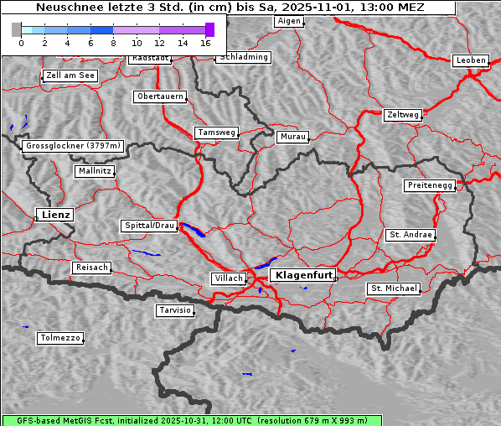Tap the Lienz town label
click(54, 215)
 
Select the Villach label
click(228, 278)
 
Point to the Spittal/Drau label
click(150, 226)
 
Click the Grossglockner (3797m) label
click(74, 146)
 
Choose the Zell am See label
click(70, 75)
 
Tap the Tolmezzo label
click(60, 338)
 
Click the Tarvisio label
click(175, 310)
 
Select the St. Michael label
click(394, 288)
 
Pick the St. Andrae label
click(410, 235)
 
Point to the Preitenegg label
click(431, 185)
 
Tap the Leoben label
click(470, 60)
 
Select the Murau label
click(293, 136)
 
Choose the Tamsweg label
click(217, 132)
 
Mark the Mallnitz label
click(94, 171)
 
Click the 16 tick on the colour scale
click(205, 41)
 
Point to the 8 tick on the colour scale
click(113, 41)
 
